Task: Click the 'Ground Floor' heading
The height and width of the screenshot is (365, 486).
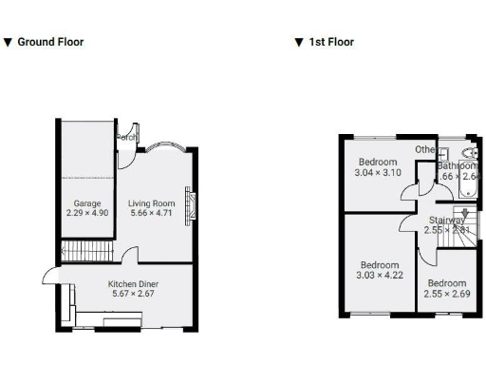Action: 49,42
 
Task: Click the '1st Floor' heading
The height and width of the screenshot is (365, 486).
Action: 330,42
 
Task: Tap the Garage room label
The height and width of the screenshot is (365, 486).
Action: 87,203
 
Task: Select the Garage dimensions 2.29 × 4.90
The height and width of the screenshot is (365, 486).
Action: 87,213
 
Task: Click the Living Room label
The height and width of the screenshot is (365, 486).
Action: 152,203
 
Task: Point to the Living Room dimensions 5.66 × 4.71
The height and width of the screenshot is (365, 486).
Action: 152,213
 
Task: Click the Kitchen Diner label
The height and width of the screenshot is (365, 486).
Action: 133,284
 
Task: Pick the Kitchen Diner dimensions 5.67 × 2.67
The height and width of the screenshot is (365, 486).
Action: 133,294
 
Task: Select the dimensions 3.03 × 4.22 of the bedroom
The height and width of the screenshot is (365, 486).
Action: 379,276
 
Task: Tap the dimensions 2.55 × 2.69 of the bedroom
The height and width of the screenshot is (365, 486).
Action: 446,294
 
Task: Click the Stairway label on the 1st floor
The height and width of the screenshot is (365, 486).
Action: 446,221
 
